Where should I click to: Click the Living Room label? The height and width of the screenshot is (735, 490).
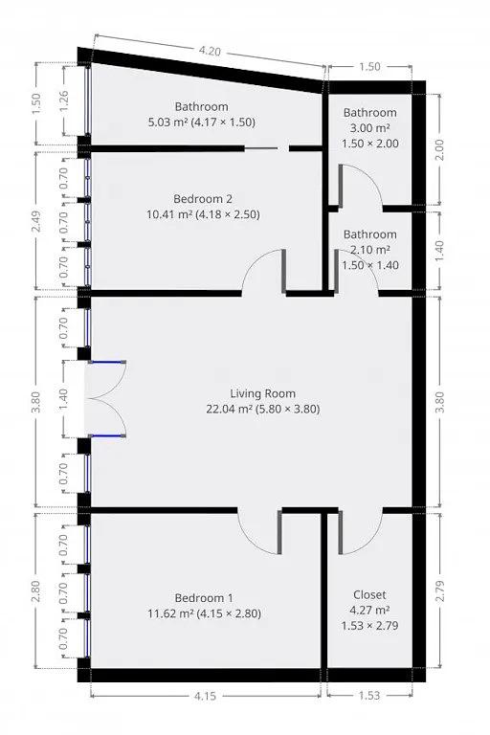coord(262,393)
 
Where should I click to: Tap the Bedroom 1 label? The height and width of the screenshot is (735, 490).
coord(204,598)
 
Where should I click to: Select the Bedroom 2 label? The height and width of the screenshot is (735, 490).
coord(203,199)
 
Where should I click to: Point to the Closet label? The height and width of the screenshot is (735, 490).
coord(369,595)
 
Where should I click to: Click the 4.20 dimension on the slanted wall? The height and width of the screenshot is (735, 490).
coord(210,51)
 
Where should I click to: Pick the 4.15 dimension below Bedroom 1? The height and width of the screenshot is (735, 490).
coord(205,696)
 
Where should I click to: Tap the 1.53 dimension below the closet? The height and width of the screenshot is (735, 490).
coord(369,695)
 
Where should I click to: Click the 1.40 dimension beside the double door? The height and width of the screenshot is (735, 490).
coord(64,399)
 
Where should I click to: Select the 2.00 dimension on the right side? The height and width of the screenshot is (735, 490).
coord(439,150)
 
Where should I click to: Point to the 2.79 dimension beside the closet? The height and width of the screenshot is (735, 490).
coord(439,591)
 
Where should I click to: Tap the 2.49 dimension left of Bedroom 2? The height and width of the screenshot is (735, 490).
coord(37,221)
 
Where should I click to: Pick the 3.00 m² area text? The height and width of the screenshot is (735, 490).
coord(370,128)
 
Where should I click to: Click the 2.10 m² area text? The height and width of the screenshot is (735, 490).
coord(370,250)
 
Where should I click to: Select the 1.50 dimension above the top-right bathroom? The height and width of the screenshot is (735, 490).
coord(369,67)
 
